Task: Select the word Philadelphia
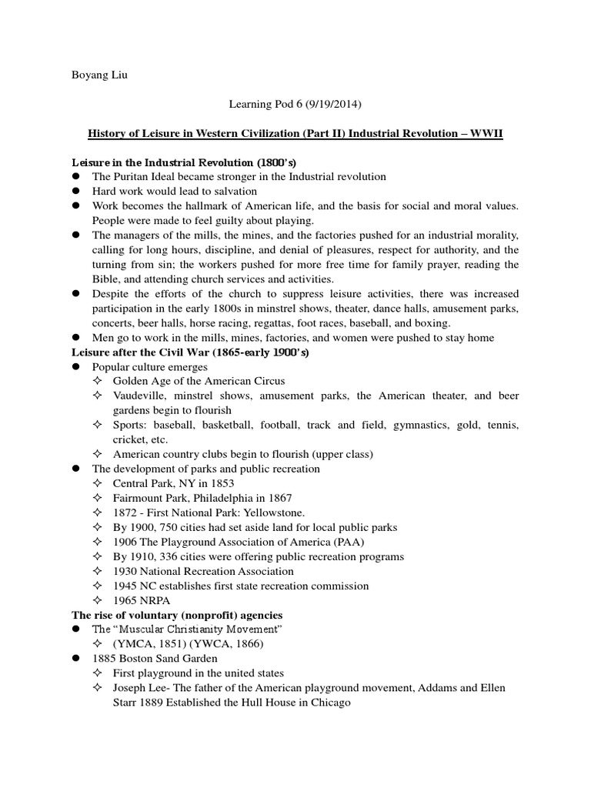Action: point(224,498)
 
